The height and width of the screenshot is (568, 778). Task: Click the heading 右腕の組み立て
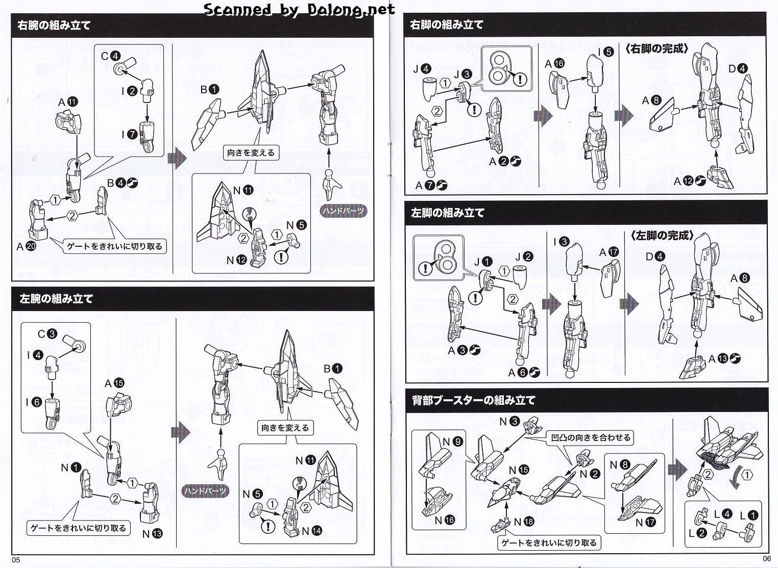54,25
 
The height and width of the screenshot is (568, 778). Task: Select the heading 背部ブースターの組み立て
473,401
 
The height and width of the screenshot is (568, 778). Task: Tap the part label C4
110,56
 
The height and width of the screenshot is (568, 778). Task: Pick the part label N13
152,534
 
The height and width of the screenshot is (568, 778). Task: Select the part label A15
114,383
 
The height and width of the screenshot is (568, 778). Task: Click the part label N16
444,521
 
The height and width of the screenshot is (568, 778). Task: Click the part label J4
423,69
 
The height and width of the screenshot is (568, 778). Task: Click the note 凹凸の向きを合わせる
590,437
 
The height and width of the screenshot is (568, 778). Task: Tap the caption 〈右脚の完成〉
657,49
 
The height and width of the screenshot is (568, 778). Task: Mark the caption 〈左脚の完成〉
662,236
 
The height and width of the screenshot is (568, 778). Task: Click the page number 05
15,560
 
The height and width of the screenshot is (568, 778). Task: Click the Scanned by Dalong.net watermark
299,9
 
